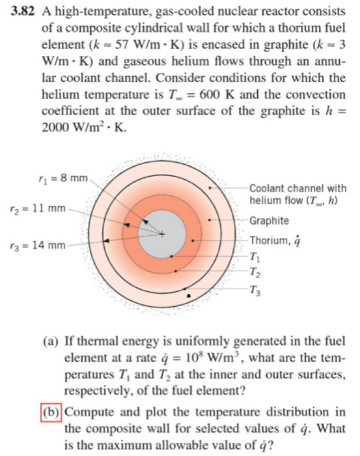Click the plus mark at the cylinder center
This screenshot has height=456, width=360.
click(x=159, y=233)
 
